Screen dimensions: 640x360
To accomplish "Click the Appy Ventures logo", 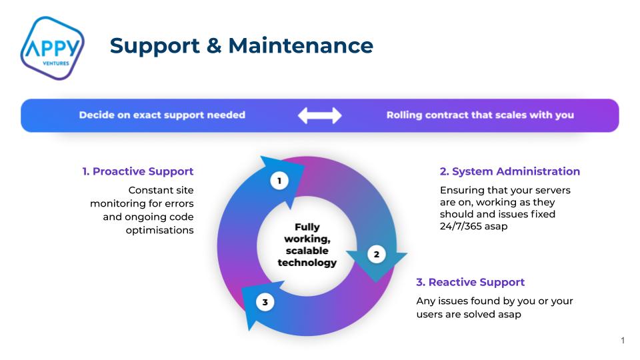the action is click(x=52, y=48).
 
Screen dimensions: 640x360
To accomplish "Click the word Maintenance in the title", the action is click(x=301, y=45).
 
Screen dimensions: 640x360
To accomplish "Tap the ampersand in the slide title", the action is click(x=214, y=45).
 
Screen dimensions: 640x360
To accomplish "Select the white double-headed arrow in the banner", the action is click(x=319, y=115).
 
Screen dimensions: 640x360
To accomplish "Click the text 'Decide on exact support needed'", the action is click(x=162, y=115).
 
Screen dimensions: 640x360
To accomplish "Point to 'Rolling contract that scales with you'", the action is click(x=480, y=115).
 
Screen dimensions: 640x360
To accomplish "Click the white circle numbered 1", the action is click(x=279, y=181).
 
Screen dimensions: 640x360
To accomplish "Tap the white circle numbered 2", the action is click(x=376, y=254).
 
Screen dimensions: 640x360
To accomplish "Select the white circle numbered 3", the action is click(x=265, y=303).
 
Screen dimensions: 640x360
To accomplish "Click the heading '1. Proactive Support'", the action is click(x=138, y=171).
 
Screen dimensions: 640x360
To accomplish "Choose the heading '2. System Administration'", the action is click(x=510, y=171).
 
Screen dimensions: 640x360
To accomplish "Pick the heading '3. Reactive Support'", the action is click(x=470, y=282).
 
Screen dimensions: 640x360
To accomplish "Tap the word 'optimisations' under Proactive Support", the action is click(x=159, y=231).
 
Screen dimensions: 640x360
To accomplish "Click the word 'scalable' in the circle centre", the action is click(x=307, y=251).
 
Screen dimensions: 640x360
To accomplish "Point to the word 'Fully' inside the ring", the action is click(x=307, y=227).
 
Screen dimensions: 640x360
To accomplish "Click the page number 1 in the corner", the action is click(x=623, y=341).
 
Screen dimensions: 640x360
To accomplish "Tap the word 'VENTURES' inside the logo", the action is click(x=56, y=63).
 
